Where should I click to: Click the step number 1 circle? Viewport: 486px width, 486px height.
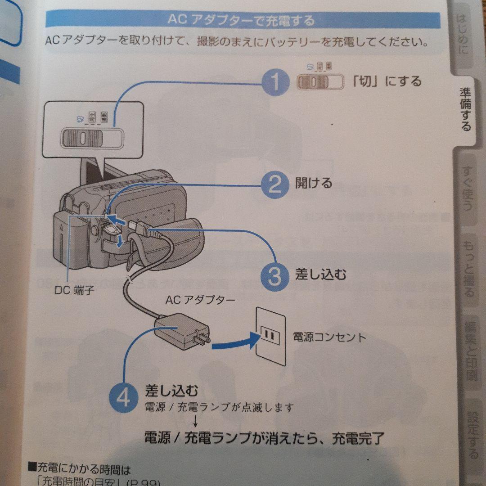coord(275,82)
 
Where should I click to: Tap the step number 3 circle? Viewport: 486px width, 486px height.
coord(275,275)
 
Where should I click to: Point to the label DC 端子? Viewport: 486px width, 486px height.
coord(75,291)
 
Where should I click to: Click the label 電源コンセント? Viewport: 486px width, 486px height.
coord(329,337)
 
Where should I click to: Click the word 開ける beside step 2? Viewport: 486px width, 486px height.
coord(314,183)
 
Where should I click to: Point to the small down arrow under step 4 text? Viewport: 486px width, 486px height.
coord(196,421)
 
